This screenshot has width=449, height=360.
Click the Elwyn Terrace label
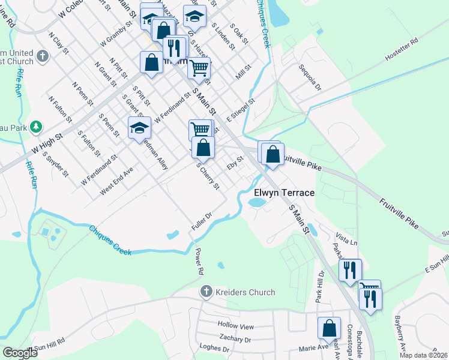284,193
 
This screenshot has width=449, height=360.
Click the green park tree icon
37,127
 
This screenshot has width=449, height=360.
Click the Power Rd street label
199,262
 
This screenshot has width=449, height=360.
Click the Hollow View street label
236,326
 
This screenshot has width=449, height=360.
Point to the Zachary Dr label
235,339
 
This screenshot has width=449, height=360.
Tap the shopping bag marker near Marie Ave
329,328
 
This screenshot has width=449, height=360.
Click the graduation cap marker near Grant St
139,128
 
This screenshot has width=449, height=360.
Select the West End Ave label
116,180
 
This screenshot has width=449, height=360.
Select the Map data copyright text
423,355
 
